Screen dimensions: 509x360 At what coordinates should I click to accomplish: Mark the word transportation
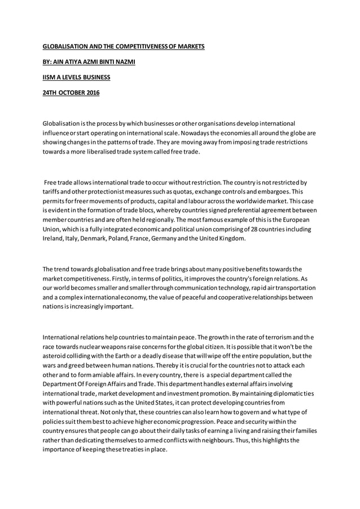click(x=294, y=288)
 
